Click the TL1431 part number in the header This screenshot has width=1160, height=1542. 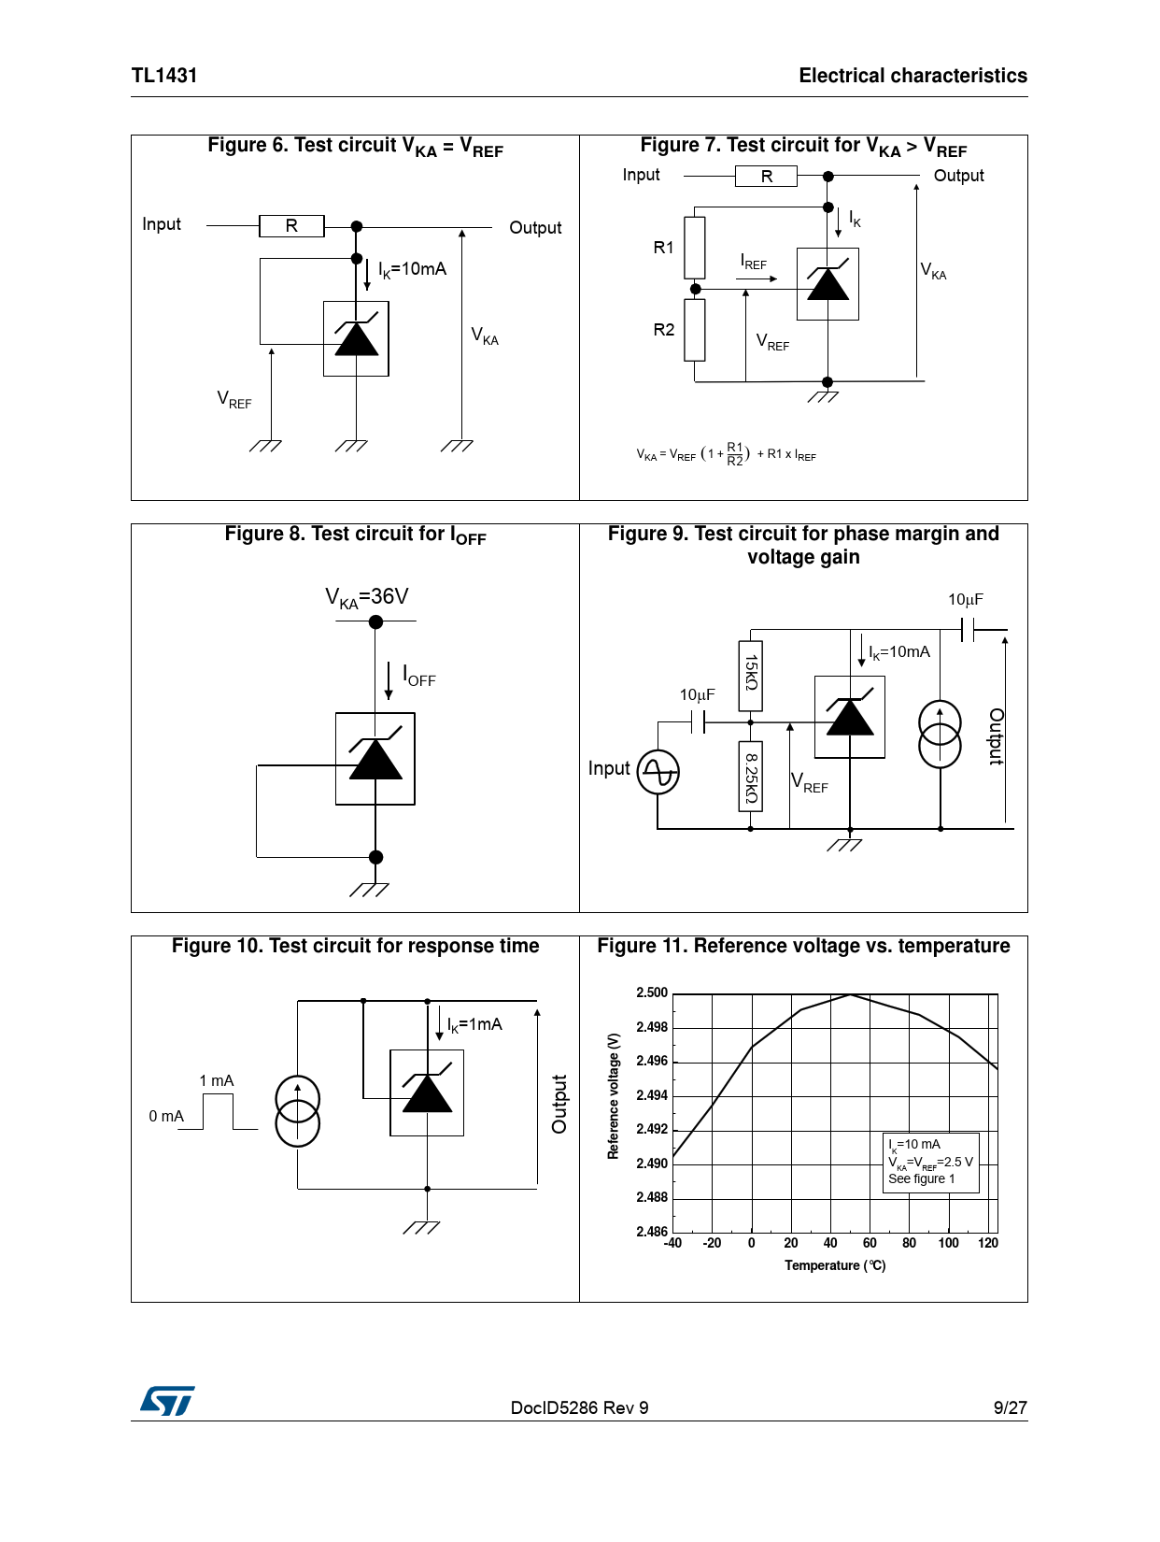[164, 76]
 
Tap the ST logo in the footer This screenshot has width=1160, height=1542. [167, 1400]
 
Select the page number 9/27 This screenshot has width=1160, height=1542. [1010, 1407]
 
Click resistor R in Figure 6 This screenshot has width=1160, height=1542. [291, 226]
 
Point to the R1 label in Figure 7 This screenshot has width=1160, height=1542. [663, 248]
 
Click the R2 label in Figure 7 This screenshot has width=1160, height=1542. [663, 330]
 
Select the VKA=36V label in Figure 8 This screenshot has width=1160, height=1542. [366, 597]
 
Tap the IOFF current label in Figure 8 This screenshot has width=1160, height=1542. [418, 676]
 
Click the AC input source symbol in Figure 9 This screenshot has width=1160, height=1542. [658, 772]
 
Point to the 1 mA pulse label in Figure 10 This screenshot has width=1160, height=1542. [216, 1081]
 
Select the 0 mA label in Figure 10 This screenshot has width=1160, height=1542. [166, 1117]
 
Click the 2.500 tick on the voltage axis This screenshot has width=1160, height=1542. [652, 992]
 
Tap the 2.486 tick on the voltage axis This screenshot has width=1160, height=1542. [652, 1232]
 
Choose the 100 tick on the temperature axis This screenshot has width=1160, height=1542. [948, 1243]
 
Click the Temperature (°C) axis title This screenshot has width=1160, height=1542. [835, 1265]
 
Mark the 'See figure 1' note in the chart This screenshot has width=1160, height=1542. [921, 1179]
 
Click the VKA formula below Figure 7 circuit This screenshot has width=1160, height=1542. [726, 455]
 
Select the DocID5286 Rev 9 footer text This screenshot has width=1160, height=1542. [579, 1407]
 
